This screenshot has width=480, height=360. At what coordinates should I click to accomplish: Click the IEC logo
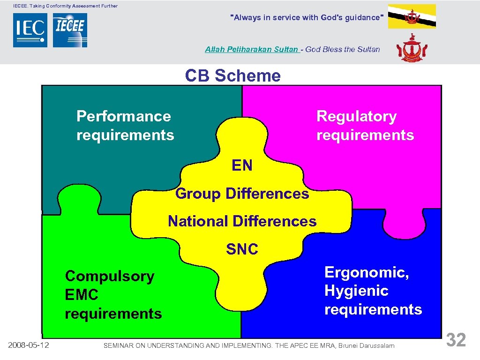point(30,30)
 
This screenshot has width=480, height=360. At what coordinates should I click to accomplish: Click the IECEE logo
point(70,30)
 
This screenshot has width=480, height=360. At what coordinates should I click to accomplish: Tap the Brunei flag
point(412,16)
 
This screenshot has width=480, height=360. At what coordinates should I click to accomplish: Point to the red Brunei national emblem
point(412,48)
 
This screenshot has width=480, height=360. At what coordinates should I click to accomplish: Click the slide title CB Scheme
point(233,75)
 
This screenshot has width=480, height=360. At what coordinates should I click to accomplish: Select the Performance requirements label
point(125,126)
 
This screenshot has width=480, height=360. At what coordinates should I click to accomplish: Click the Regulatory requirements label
point(365,126)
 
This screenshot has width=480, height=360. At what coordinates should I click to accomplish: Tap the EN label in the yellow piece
point(242,165)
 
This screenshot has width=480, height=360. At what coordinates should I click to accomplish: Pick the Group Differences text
point(242,194)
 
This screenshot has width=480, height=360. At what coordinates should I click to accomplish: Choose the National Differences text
point(242,221)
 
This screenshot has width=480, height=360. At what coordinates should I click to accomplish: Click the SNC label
point(242,249)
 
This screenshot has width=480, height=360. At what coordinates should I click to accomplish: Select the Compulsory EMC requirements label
point(113,295)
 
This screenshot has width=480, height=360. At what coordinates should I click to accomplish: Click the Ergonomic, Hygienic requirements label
point(373,291)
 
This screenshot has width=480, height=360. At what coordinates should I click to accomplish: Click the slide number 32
point(456,340)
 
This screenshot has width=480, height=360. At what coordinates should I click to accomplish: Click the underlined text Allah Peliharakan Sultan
point(252,49)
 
